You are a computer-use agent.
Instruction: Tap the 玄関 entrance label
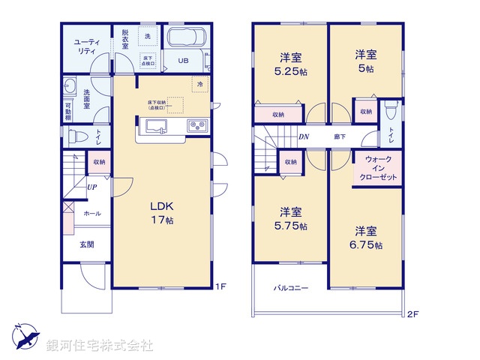pyautogui.click(x=88, y=244)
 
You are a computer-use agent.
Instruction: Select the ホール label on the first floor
pyautogui.click(x=91, y=214)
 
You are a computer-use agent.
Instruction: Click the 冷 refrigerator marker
pyautogui.click(x=199, y=85)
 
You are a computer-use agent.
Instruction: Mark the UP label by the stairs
pyautogui.click(x=91, y=187)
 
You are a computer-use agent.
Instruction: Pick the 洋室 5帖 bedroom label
pyautogui.click(x=365, y=60)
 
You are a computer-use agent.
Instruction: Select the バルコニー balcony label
pyautogui.click(x=290, y=288)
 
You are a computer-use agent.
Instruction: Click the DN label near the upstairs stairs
pyautogui.click(x=304, y=136)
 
